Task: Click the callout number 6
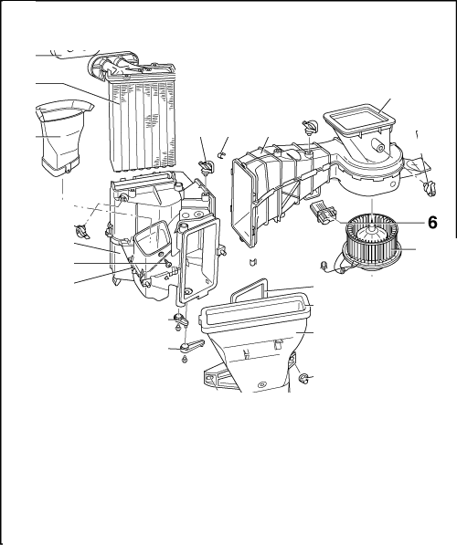(432, 223)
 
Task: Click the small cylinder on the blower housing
(378, 144)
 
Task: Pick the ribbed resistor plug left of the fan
(323, 212)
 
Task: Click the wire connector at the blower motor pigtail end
(324, 266)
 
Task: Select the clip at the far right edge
(430, 188)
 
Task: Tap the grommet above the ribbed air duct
(309, 126)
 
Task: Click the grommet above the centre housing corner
(207, 167)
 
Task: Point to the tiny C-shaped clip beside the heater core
(219, 153)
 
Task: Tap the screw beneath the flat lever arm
(185, 360)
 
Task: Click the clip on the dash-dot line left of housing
(82, 232)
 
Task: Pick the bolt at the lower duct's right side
(303, 378)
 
